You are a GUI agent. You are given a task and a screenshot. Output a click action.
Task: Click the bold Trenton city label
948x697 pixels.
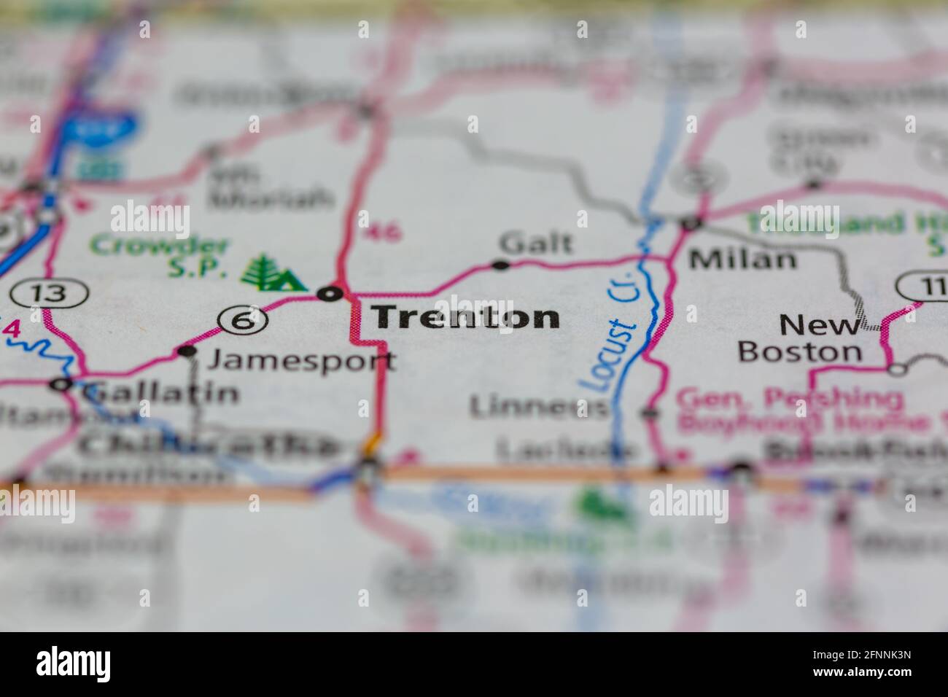(466, 317)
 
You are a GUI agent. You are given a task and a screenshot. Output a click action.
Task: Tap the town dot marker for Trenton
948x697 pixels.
(330, 294)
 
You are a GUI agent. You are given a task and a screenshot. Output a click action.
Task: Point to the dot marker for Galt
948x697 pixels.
(500, 265)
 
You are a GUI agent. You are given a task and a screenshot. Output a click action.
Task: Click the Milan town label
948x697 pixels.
(743, 258)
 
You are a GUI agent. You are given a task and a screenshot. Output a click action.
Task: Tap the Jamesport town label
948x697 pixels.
(302, 359)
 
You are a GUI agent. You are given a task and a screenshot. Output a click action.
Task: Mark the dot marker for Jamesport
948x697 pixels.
(187, 351)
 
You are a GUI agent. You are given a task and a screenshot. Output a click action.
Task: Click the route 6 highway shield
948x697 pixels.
(241, 319)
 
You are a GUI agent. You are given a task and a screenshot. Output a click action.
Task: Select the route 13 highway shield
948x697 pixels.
(50, 294)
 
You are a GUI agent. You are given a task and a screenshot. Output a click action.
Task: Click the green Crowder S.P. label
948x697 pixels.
(159, 257)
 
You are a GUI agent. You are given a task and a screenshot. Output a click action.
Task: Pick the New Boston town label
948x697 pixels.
(800, 338)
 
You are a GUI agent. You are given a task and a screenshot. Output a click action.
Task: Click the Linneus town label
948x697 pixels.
(538, 407)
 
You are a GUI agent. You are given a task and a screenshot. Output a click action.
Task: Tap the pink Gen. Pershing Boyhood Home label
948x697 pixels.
(791, 410)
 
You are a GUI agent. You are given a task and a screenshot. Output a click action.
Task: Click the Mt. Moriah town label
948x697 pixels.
(270, 187)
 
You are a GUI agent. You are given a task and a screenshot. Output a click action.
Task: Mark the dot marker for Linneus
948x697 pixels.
(648, 413)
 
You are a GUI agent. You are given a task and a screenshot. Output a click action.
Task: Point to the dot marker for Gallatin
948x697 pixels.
(61, 383)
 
